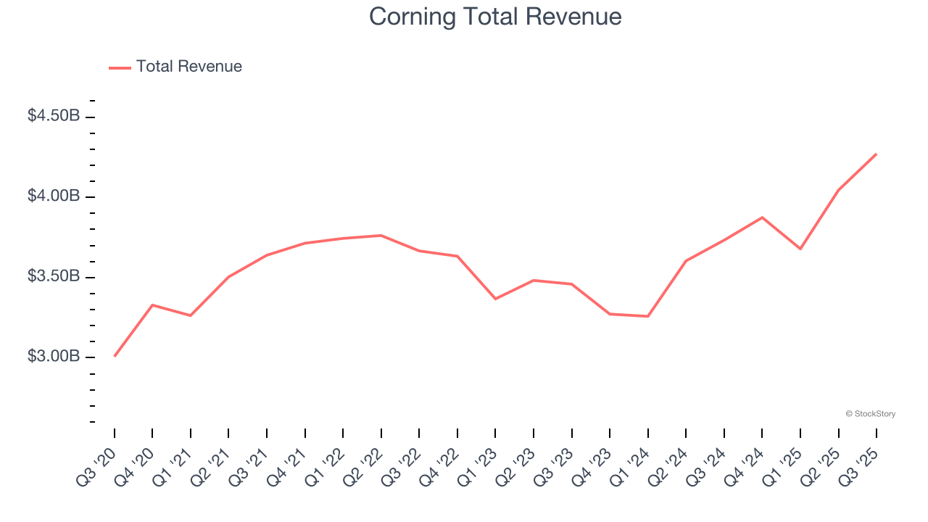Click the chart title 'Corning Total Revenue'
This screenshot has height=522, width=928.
click(x=495, y=17)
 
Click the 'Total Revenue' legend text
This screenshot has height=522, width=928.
click(x=188, y=67)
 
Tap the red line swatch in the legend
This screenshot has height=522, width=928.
click(x=120, y=67)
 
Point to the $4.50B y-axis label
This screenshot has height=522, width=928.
click(x=54, y=116)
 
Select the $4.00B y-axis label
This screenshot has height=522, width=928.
click(x=54, y=196)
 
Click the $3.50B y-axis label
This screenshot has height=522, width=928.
click(x=54, y=277)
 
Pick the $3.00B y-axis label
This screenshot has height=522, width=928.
click(x=54, y=357)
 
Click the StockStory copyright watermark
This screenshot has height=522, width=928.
click(x=870, y=414)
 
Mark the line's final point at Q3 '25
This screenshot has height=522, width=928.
click(x=877, y=154)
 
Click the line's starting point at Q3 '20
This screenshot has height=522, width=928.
click(x=115, y=356)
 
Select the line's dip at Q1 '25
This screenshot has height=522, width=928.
click(x=800, y=249)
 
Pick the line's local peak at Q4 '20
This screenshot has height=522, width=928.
click(x=152, y=305)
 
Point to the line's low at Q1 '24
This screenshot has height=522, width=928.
click(x=647, y=316)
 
